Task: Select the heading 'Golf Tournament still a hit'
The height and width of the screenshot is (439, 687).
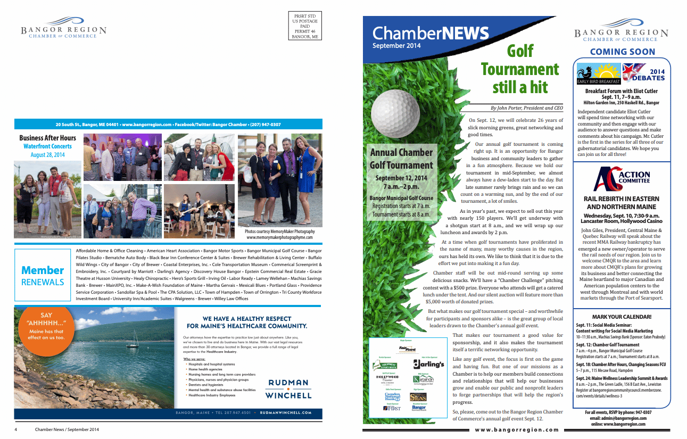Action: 519,69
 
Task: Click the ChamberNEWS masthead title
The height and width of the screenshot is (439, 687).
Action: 430,34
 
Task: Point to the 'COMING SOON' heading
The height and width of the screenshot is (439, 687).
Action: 622,52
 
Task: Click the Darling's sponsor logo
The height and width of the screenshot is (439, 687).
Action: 428,365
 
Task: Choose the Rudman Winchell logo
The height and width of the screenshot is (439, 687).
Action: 289,389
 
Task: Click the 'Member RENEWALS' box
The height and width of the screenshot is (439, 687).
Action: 43,276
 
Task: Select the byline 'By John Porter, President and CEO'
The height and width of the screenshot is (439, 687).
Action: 526,108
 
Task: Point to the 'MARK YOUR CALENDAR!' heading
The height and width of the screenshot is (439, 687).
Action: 621,317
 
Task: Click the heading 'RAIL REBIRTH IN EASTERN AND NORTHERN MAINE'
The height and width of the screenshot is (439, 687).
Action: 621,203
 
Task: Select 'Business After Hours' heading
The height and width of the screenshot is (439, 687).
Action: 47,138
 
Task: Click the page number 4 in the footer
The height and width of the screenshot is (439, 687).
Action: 16,429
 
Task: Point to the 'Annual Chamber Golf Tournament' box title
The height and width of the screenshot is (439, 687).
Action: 401,159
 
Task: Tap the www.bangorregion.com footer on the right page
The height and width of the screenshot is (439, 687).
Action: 517,430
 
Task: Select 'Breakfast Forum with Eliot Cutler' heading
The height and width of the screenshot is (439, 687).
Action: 621,92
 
